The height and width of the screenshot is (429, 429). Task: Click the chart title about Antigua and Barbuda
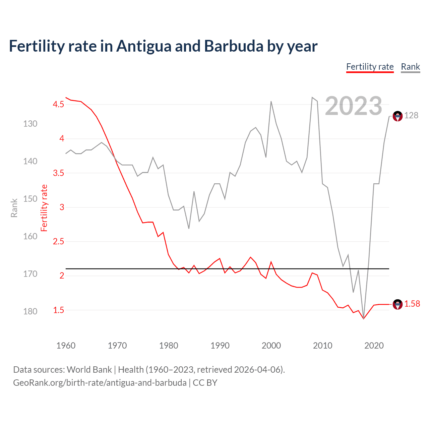pos(163,46)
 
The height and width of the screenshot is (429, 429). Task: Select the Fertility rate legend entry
pos(370,67)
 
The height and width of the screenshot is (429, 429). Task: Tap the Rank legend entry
pos(410,67)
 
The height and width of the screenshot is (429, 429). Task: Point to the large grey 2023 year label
pos(353,106)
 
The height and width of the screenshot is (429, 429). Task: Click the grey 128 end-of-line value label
pos(411,116)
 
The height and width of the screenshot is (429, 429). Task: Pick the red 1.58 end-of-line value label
pos(412,304)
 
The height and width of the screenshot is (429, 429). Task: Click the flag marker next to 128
pos(397,116)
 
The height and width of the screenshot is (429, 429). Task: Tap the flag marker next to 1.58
pos(397,304)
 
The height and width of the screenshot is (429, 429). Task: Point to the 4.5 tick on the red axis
pos(58,105)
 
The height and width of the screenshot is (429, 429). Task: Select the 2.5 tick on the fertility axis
pos(58,242)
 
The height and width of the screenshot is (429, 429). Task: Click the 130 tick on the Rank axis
pos(30,124)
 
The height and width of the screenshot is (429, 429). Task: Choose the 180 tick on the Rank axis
pos(30,312)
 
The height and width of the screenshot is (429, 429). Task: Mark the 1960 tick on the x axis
pos(66,346)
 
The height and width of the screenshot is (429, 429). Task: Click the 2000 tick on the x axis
pos(271,346)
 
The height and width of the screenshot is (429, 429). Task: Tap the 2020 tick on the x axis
pos(374,346)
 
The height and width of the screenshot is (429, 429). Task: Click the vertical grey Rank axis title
pos(14,208)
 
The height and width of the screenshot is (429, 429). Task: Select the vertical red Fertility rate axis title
pos(44,208)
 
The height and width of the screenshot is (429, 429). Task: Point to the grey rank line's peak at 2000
pos(271,102)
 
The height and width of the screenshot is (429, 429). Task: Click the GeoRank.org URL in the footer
pos(100,383)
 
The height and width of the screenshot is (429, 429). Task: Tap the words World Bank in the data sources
pos(89,370)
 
